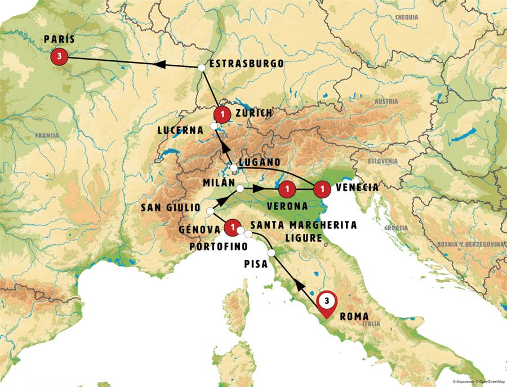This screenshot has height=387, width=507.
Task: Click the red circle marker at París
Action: [x=59, y=56]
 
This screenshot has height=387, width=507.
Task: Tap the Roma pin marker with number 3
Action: [x=326, y=301]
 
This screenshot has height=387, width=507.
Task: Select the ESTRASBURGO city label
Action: [x=246, y=64]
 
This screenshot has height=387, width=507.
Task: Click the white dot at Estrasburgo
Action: [x=202, y=68]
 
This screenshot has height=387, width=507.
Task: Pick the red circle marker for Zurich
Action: [x=223, y=114]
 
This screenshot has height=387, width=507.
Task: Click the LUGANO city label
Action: [x=260, y=163]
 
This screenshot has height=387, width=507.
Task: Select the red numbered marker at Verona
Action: [x=287, y=188]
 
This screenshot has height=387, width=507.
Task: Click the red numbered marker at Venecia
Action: [x=322, y=188]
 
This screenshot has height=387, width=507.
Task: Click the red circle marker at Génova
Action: [x=231, y=228]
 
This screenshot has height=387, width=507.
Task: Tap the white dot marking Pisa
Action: [x=272, y=253]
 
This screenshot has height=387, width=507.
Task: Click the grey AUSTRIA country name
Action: [x=386, y=102]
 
